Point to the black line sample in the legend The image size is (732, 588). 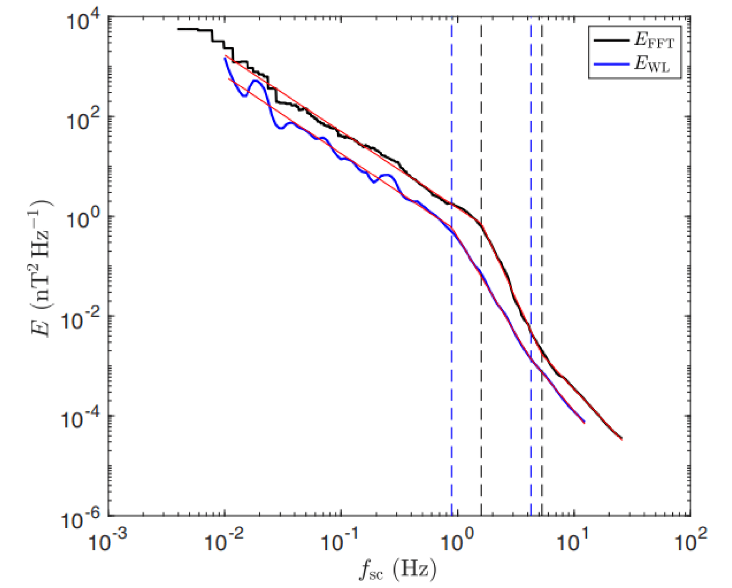(611, 40)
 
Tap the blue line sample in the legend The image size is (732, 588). (611, 64)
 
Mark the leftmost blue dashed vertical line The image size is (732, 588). (452, 366)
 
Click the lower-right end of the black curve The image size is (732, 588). (621, 439)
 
